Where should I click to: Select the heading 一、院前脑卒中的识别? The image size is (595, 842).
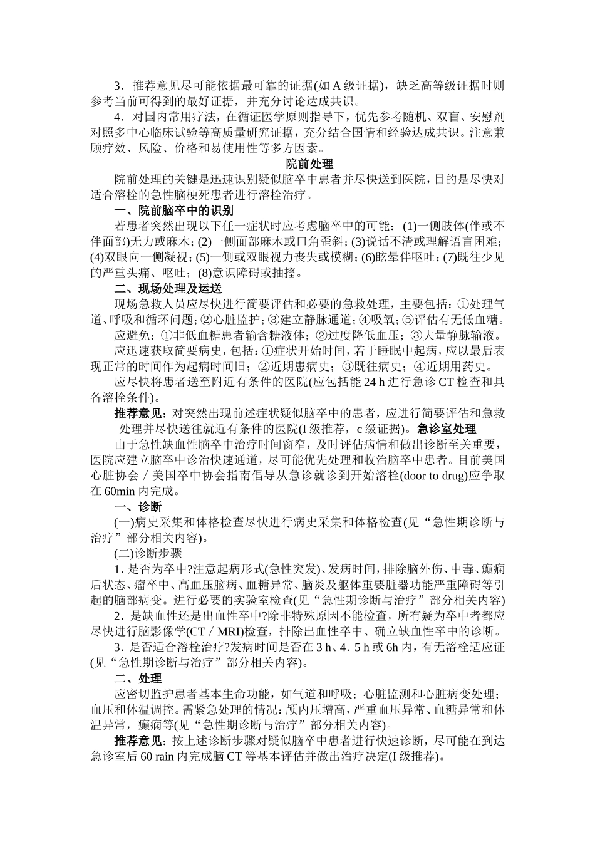tap(173, 210)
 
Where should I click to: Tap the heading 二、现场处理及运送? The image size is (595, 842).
tap(168, 288)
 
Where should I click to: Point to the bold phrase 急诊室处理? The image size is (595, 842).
tap(447, 429)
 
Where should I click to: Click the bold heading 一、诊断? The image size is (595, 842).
tap(138, 507)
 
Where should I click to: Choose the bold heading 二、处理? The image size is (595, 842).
tap(138, 678)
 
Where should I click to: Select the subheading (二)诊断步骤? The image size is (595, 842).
tap(148, 553)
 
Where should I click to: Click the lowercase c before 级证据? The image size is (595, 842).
tap(360, 429)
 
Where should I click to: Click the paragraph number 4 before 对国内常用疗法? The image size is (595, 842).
tap(118, 117)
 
